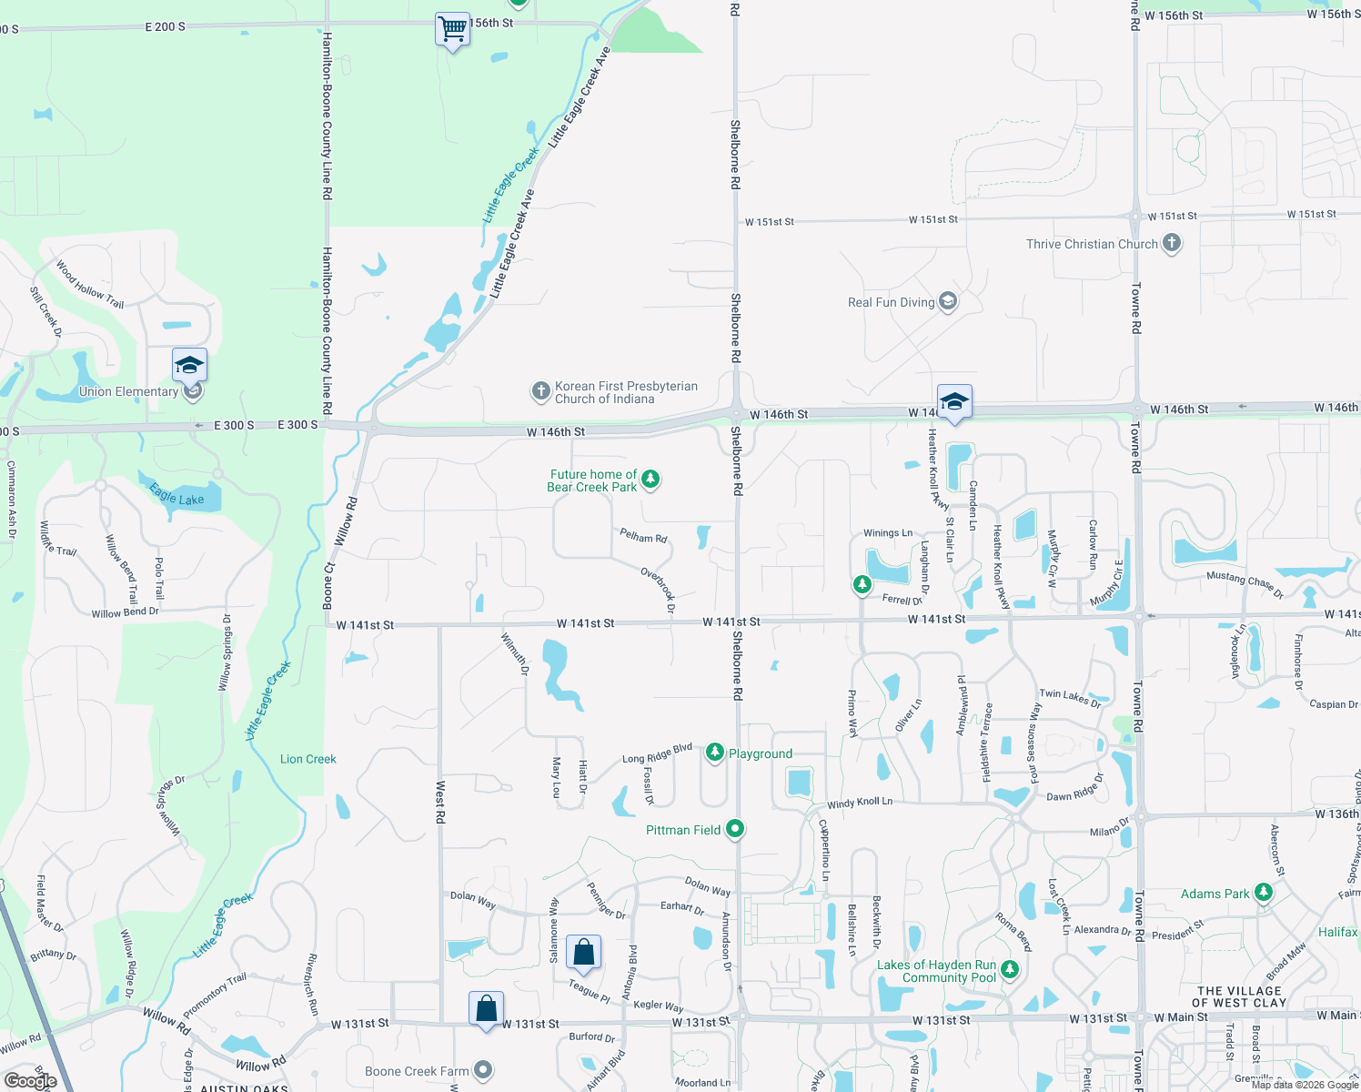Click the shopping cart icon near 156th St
pos(452,29)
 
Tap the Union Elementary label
pos(128,392)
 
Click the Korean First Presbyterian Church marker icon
pos(540,392)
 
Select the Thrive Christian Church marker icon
pos(1172,243)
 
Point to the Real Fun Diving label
pos(891,302)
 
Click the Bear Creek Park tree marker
pos(650,479)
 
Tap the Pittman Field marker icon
pos(735,829)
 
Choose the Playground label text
pos(761,753)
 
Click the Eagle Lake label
pos(176,495)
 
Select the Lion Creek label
pos(308,759)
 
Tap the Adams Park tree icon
pos(1263,893)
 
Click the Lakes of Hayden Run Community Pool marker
pos(1009,970)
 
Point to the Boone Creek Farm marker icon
pos(483,1071)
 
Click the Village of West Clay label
pos(1239,996)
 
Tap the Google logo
pos(30,1081)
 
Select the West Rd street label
pos(440,802)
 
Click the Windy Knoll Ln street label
pos(860,803)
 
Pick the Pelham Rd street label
pos(643,536)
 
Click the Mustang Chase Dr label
pos(1245,584)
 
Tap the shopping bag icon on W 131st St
pos(486,1009)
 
